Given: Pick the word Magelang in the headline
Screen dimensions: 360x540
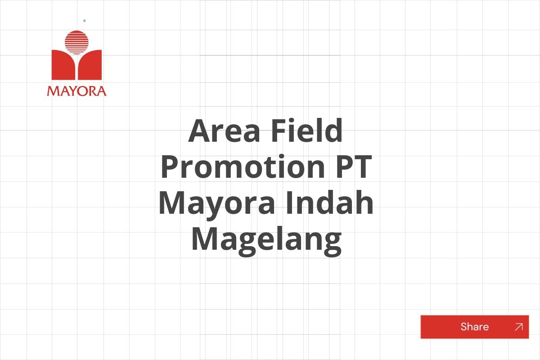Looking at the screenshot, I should pyautogui.click(x=266, y=240).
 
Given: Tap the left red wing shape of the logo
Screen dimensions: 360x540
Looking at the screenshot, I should pyautogui.click(x=63, y=65).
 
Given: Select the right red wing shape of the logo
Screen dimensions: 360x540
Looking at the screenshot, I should pyautogui.click(x=91, y=65).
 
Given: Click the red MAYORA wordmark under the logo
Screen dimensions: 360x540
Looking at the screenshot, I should pyautogui.click(x=76, y=91).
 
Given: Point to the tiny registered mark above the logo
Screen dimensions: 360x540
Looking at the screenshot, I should pyautogui.click(x=85, y=21).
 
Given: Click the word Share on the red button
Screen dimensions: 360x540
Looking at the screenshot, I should pyautogui.click(x=474, y=327).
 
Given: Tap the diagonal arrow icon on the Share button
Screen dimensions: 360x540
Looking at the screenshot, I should pyautogui.click(x=518, y=327).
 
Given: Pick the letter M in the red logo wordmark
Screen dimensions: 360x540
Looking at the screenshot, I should pyautogui.click(x=52, y=91).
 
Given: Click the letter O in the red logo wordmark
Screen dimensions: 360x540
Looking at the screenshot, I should pyautogui.click(x=81, y=91).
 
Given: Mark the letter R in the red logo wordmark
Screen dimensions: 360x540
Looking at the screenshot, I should pyautogui.click(x=92, y=91).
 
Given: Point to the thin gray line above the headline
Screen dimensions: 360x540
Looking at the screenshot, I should pyautogui.click(x=270, y=55).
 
